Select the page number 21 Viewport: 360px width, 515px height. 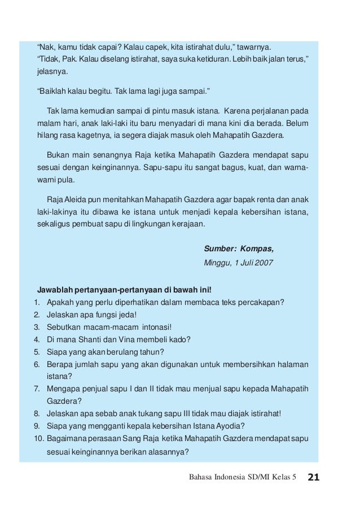pyautogui.click(x=314, y=478)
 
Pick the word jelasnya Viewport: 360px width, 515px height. pyautogui.click(x=52, y=72)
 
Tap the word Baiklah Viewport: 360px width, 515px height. pyautogui.click(x=54, y=91)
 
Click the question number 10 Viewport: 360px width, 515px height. pyautogui.click(x=38, y=439)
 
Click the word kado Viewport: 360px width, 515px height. pyautogui.click(x=180, y=339)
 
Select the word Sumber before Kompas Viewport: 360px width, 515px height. pyautogui.click(x=219, y=248)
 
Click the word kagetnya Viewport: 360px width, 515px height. pyautogui.click(x=101, y=136)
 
